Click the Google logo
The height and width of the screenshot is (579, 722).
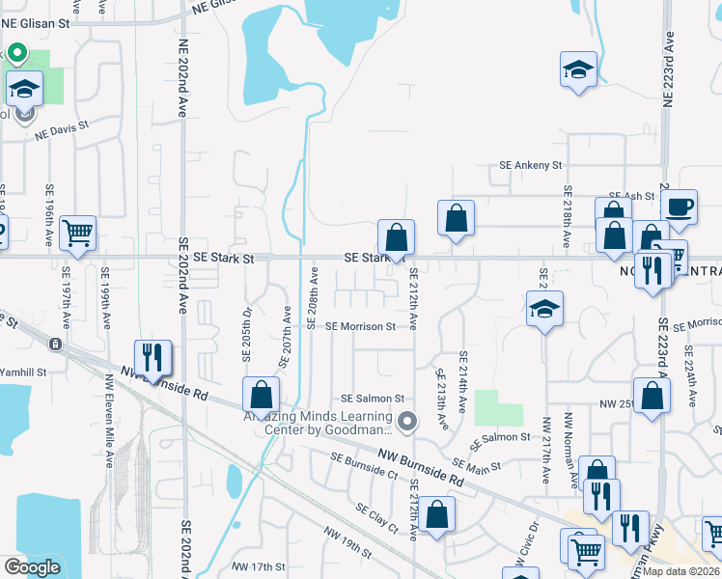click(32, 567)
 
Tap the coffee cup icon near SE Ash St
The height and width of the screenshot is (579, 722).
click(679, 205)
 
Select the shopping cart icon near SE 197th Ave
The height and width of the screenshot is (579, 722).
click(77, 232)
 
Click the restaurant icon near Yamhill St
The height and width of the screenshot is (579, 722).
click(153, 356)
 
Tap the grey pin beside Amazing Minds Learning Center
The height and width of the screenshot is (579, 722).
click(408, 420)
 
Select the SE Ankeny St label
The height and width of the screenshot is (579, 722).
click(530, 166)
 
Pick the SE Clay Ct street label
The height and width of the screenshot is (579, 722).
click(376, 519)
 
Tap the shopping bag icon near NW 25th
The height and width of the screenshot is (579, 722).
click(653, 395)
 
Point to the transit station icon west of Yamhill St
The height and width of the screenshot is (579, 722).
click(56, 345)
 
